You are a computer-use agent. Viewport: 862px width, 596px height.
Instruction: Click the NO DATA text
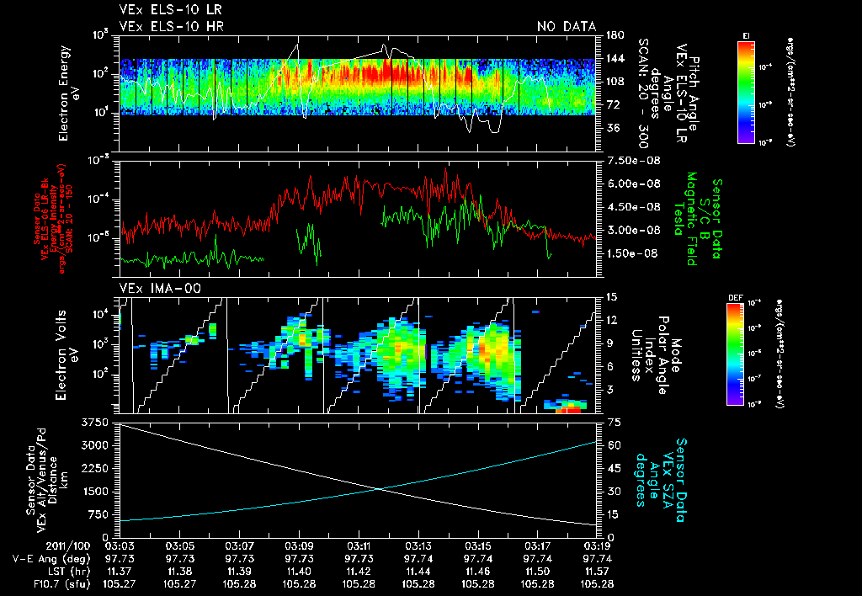[x=567, y=27]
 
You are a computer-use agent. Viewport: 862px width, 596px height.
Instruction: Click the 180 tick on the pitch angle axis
[x=614, y=35]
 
